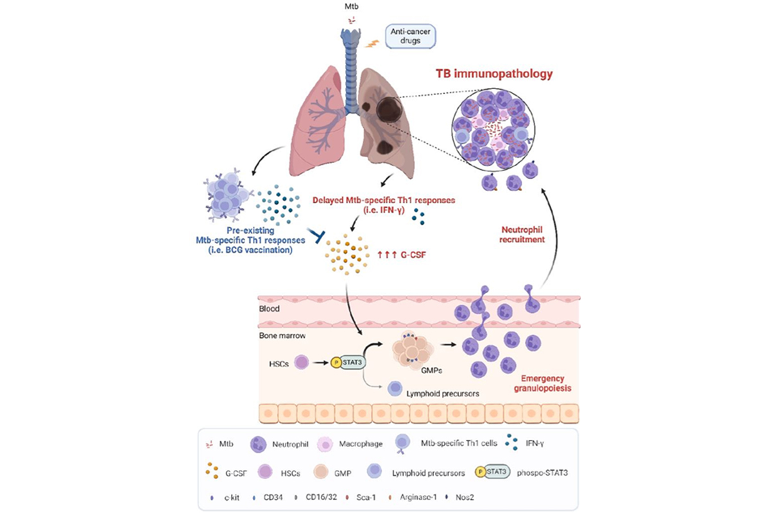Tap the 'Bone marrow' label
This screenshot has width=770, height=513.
pyautogui.click(x=280, y=335)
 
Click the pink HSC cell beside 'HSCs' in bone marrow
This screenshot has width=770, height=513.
pyautogui.click(x=300, y=364)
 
